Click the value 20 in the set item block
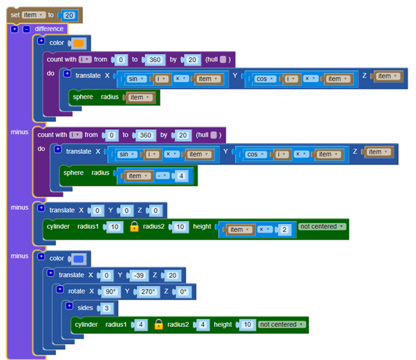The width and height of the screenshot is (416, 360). click(x=69, y=15)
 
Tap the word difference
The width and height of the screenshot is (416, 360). click(x=49, y=29)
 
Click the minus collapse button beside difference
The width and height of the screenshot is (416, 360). click(x=26, y=29)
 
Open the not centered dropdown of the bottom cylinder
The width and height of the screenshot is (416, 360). click(x=283, y=324)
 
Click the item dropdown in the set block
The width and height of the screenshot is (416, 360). click(x=34, y=15)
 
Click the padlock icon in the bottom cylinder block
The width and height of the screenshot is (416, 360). click(x=158, y=324)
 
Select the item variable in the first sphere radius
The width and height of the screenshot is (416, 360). click(x=138, y=97)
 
